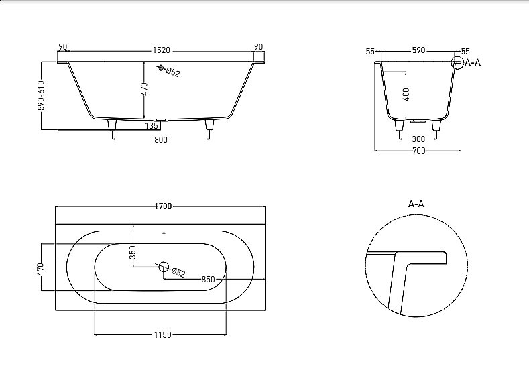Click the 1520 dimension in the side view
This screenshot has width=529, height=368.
(x=160, y=50)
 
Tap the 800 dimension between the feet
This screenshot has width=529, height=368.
(x=160, y=139)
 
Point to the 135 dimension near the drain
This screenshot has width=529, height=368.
(x=152, y=125)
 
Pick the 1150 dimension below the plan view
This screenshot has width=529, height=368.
(x=162, y=334)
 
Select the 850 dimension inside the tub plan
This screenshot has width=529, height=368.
(x=208, y=280)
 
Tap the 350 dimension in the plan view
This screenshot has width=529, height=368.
(x=133, y=252)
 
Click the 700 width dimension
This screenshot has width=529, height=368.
(x=418, y=151)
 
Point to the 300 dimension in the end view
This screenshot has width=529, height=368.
(x=418, y=139)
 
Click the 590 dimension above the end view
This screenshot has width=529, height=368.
(x=418, y=51)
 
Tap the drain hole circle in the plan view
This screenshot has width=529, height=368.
(x=164, y=267)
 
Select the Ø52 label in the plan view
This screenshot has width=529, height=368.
(x=178, y=272)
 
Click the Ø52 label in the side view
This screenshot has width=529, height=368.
(x=172, y=72)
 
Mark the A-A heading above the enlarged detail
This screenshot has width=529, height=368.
(x=416, y=204)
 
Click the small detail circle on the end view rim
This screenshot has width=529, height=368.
(x=457, y=64)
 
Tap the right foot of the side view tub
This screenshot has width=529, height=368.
(x=209, y=125)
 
